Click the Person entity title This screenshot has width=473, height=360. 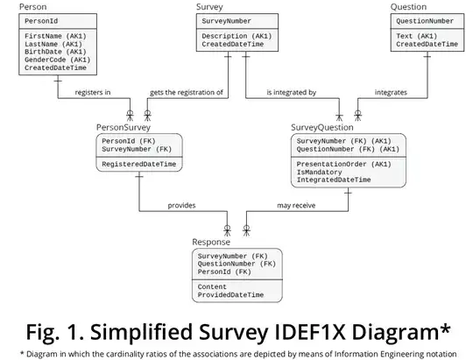(x=32, y=7)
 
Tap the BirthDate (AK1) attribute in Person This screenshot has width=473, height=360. (x=54, y=52)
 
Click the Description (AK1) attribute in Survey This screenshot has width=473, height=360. (x=235, y=36)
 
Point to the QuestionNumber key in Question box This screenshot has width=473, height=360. (x=425, y=20)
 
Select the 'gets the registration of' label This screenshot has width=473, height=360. (x=186, y=92)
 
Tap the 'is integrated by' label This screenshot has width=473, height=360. (x=293, y=92)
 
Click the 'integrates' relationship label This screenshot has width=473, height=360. (x=390, y=92)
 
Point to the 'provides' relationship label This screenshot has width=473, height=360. (x=181, y=206)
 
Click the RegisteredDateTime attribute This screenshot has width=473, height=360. (x=139, y=164)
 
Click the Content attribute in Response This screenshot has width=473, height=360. (x=213, y=286)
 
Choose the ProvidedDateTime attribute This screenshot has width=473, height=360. (x=230, y=295)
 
